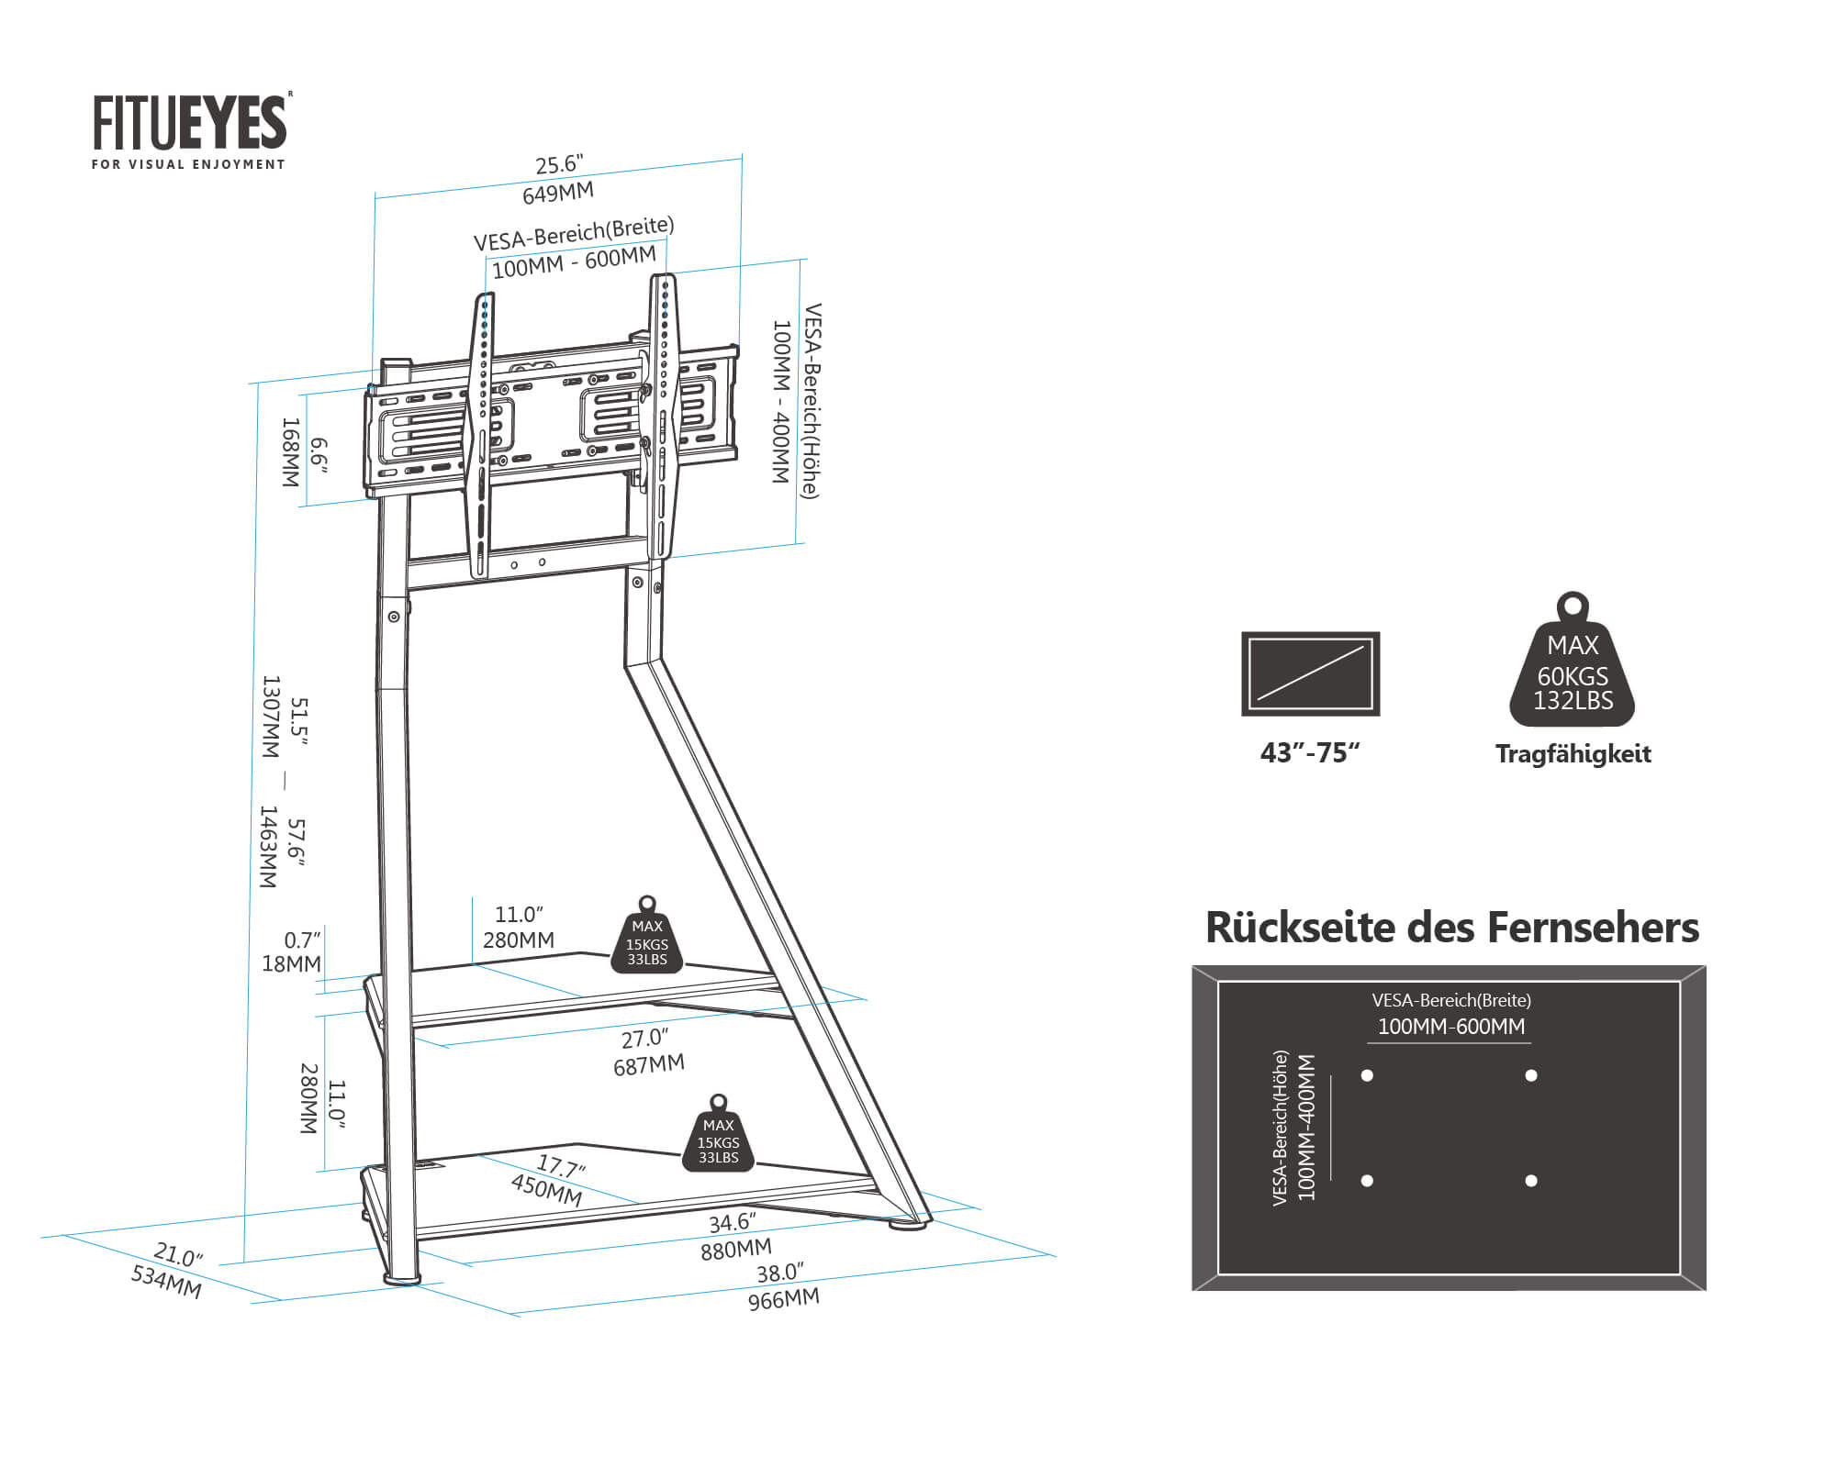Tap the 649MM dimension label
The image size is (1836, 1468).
pos(557,193)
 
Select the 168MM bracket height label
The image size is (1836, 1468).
pos(290,452)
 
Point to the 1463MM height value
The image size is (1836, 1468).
pos(267,846)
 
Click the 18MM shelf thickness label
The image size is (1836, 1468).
pos(291,963)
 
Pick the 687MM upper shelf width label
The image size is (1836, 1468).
pos(649,1064)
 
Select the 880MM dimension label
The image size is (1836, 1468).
pos(735,1249)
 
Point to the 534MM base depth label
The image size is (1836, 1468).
pos(166,1281)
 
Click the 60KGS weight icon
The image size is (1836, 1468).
pos(1573,665)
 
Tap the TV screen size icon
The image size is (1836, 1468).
pos(1310,673)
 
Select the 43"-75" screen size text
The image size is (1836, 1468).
pos(1310,752)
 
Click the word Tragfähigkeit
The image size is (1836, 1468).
pos(1573,754)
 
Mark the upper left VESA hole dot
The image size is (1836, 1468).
pos(1367,1075)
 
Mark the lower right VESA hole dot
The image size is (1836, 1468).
pos(1530,1181)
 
